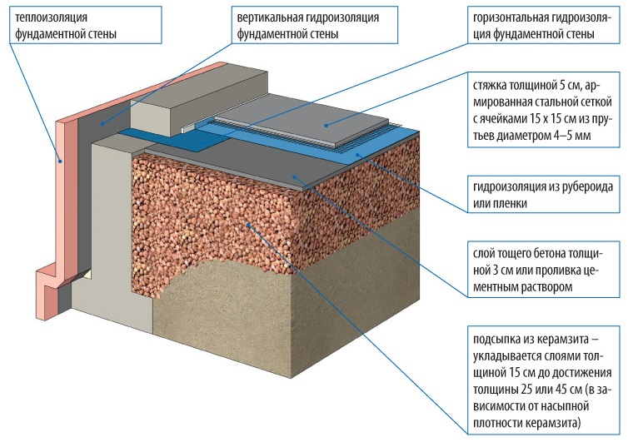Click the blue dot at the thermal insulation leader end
tap(59, 159)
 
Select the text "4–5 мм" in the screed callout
tap(557, 134)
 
